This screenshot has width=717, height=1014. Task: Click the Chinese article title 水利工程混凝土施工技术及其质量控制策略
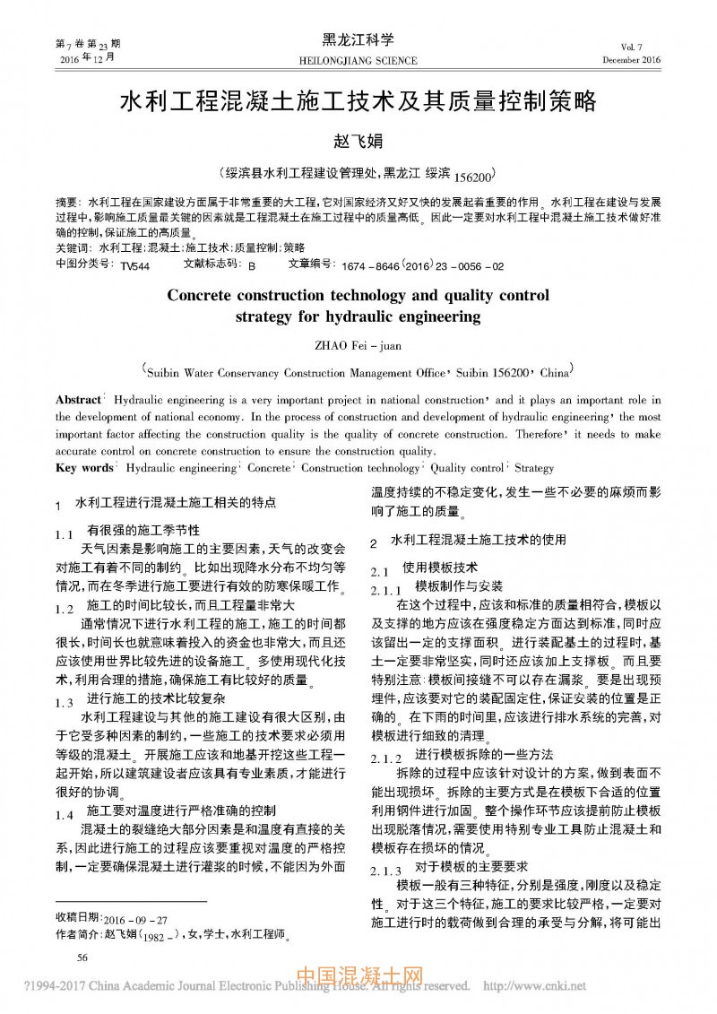tap(358, 100)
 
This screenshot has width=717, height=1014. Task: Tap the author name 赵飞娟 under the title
tap(358, 141)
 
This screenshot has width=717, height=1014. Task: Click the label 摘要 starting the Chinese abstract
tap(66, 204)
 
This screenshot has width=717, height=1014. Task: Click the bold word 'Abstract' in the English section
tap(78, 400)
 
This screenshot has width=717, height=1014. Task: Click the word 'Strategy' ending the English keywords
tap(534, 468)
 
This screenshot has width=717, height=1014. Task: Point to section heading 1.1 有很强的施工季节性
tap(134, 532)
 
